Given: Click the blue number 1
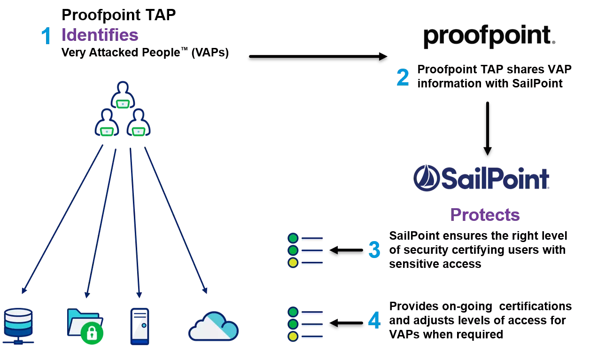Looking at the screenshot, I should click(46, 36).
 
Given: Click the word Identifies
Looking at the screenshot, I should click(100, 35).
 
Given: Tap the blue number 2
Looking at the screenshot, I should click(403, 78).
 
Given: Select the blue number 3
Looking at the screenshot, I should click(374, 250).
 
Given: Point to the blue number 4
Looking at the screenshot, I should click(374, 321).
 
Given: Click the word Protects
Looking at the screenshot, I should click(484, 215).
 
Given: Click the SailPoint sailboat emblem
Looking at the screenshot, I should click(426, 178).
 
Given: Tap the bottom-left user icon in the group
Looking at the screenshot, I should click(107, 123).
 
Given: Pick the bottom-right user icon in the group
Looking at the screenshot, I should click(138, 123).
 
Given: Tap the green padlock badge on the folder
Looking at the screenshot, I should click(92, 333).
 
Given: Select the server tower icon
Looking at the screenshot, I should click(140, 326).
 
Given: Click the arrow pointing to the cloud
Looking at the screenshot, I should click(175, 221).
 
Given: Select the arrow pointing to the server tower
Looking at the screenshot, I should click(135, 221).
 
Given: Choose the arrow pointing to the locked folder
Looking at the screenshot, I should click(101, 221).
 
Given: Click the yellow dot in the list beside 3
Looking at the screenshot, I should click(293, 263).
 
